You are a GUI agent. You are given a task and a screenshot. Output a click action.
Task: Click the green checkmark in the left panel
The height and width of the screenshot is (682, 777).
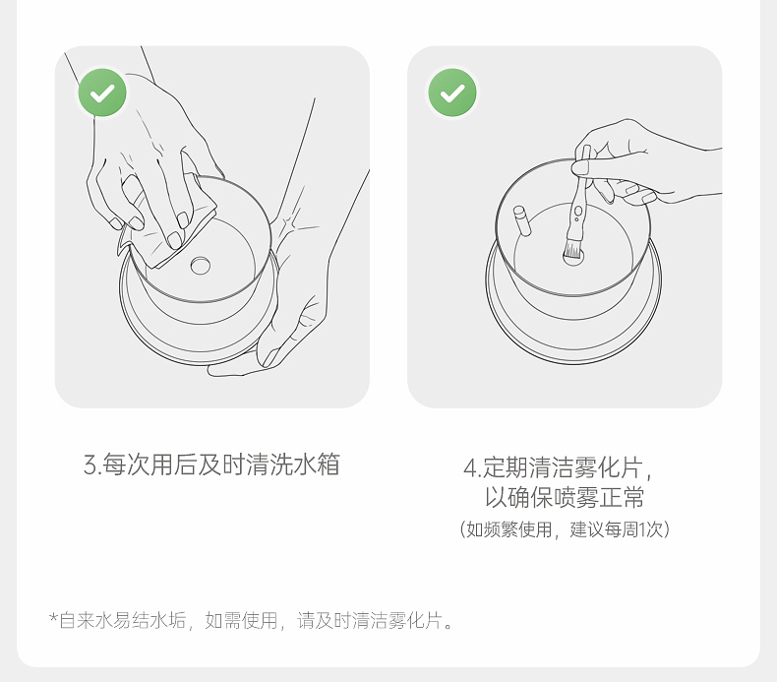102,93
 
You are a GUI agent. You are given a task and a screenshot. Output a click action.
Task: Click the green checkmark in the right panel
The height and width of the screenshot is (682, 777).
452,93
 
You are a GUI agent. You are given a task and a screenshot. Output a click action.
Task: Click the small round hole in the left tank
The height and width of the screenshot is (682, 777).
201,266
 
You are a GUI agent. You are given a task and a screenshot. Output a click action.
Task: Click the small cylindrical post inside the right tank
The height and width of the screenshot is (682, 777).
522,220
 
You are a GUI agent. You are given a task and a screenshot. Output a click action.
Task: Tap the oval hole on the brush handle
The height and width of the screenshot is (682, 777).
577,213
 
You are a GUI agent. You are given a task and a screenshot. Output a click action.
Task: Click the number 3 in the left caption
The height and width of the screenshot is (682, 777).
90,465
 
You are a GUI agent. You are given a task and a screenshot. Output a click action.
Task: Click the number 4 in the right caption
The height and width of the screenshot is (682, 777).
469,467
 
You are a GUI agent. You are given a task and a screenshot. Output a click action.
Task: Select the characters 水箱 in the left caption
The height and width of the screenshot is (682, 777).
317,465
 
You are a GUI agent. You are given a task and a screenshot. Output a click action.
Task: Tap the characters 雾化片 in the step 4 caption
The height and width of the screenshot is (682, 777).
608,467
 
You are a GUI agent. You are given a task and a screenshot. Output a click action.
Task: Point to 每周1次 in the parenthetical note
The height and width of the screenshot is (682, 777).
633,529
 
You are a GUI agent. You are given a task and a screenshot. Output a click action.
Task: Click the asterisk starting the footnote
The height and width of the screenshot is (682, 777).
53,618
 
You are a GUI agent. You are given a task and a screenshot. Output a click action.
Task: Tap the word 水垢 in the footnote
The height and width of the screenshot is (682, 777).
167,621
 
